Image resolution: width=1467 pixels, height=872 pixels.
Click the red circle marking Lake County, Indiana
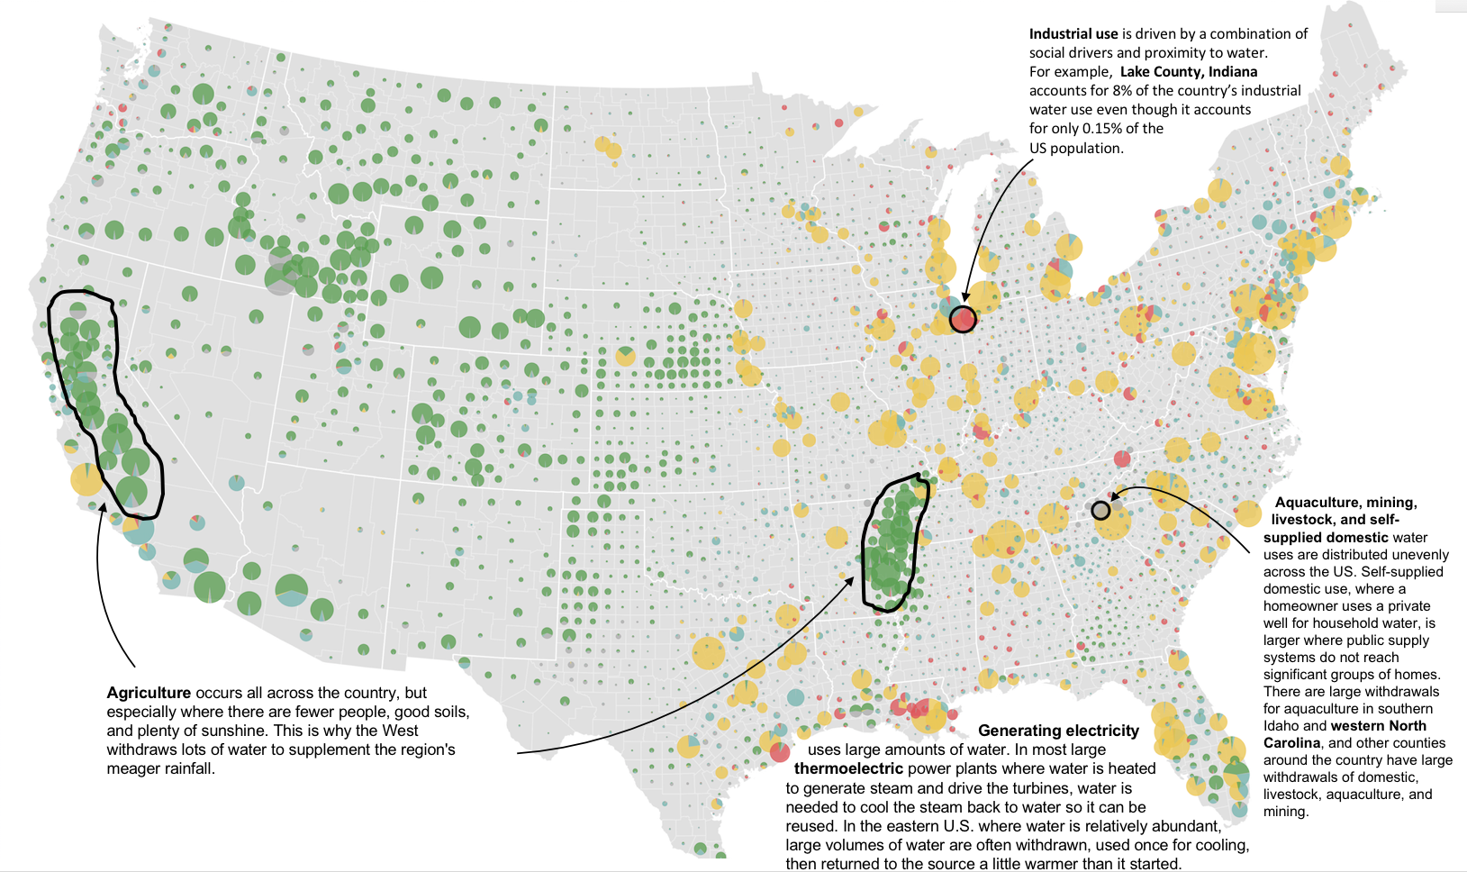[x=963, y=318]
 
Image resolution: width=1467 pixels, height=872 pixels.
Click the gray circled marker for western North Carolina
[x=1100, y=511]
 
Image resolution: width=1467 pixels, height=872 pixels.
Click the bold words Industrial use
[x=1073, y=33]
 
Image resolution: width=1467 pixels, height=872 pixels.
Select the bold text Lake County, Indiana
[x=1189, y=71]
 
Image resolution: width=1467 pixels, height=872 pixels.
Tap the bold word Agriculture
[x=149, y=693]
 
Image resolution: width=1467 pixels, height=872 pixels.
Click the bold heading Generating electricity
[x=1058, y=731]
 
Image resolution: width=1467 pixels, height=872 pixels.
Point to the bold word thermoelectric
[x=848, y=768]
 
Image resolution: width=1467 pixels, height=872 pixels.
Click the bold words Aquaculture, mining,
[x=1345, y=503]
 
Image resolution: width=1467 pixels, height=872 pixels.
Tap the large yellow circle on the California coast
[x=87, y=479]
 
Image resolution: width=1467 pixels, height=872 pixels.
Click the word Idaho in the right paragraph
[x=1281, y=726]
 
